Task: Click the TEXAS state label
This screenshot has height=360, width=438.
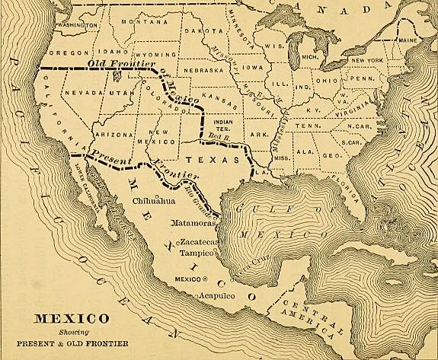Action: click(208, 161)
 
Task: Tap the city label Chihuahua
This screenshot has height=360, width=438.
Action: click(154, 202)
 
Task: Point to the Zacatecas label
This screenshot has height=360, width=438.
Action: click(200, 241)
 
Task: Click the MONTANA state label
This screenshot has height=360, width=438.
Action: click(138, 21)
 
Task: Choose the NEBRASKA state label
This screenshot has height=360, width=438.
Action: click(203, 70)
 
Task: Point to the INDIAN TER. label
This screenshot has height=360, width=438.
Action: click(225, 125)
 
